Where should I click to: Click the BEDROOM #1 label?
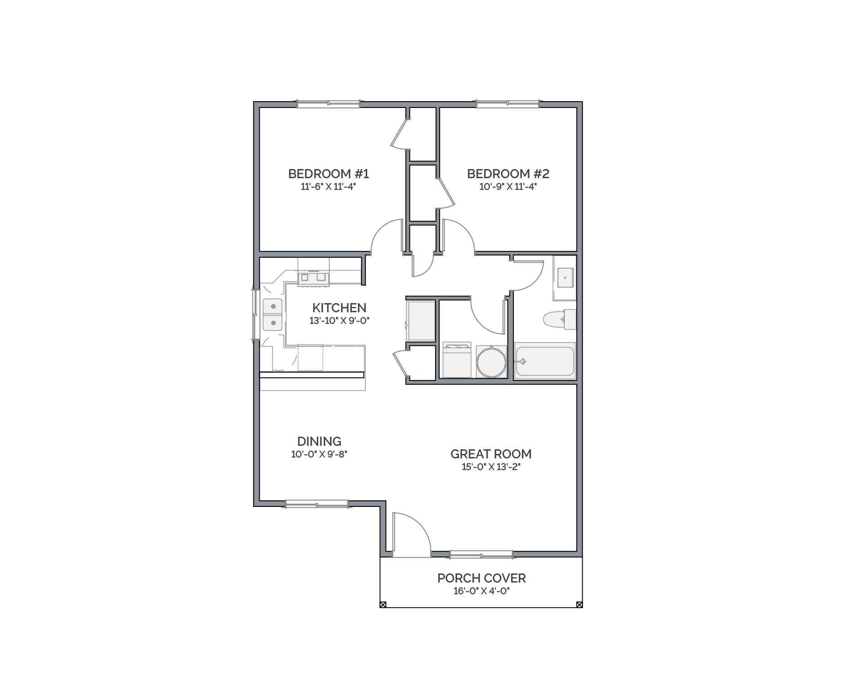point(328,174)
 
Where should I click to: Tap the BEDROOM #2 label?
point(508,174)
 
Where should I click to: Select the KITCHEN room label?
point(339,308)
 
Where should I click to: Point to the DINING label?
point(319,442)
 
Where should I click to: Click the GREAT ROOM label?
point(491,454)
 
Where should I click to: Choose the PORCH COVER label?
point(481,578)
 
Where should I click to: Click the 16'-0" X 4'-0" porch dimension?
point(481,591)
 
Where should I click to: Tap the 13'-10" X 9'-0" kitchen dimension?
point(339,321)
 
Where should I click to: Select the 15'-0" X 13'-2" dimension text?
point(491,467)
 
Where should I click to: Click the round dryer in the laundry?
point(491,361)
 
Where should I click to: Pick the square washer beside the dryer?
point(457,360)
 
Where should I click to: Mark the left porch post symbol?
point(383,605)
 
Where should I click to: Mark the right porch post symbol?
point(579,605)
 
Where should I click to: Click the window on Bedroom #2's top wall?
point(508,104)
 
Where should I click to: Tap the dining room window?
point(317,504)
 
